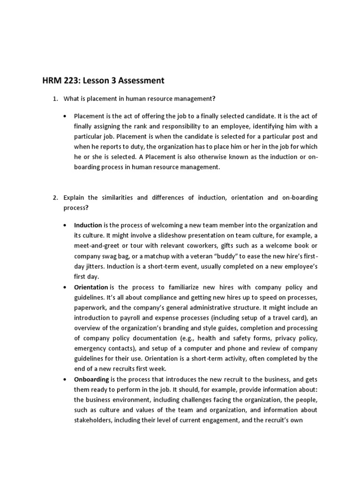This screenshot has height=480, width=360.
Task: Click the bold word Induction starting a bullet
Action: point(88,225)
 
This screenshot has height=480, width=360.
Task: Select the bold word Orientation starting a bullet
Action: point(91,287)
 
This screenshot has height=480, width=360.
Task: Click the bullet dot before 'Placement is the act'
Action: point(65,116)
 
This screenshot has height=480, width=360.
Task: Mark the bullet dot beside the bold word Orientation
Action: point(65,287)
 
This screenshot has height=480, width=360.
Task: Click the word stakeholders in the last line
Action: point(93,420)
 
